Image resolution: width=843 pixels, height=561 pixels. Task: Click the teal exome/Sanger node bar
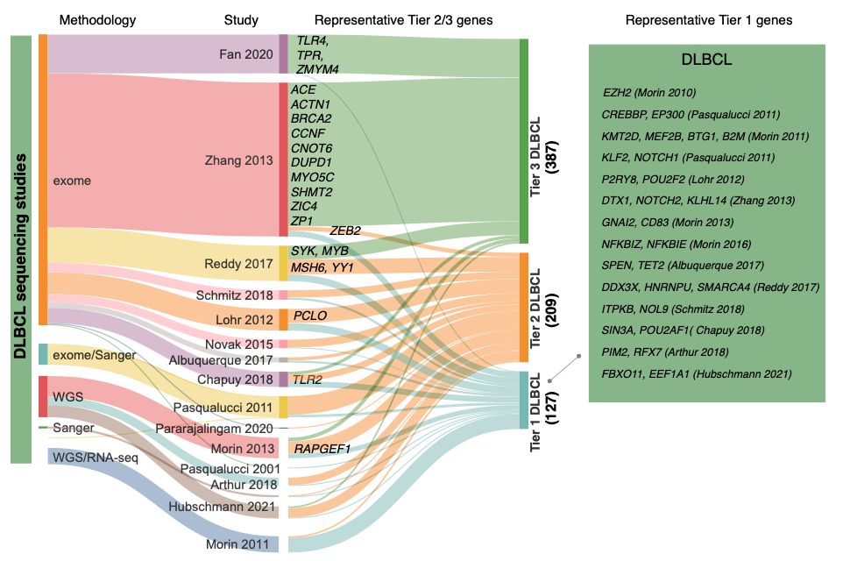(x=43, y=354)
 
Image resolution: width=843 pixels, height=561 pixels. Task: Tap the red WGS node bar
(x=43, y=396)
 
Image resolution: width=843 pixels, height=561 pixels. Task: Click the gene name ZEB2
(x=345, y=231)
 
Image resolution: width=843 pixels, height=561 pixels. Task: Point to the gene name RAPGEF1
(x=322, y=449)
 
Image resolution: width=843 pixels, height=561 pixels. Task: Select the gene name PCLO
(x=309, y=315)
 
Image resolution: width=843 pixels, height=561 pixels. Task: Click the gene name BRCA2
(x=310, y=118)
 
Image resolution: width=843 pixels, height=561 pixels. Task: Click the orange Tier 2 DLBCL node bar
(x=524, y=307)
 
